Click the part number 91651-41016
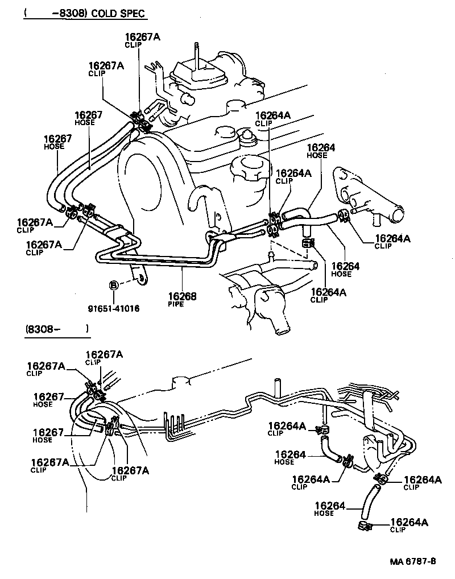[113, 308]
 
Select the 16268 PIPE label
[181, 300]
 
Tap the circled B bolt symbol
[113, 284]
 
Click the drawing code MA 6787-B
[412, 561]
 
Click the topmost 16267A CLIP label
[142, 40]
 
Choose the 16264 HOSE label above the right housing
[321, 151]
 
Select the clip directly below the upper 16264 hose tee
[308, 244]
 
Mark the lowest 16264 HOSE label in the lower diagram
[330, 508]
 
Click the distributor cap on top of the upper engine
[196, 74]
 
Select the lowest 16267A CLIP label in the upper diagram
[44, 248]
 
